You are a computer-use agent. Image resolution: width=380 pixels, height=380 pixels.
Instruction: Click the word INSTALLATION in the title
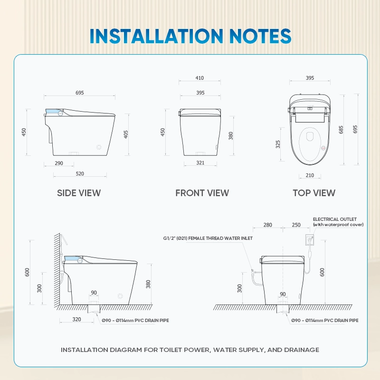(156, 36)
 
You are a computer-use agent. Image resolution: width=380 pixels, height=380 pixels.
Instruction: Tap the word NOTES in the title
(260, 36)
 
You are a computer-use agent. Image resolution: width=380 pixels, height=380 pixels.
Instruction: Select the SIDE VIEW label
(79, 193)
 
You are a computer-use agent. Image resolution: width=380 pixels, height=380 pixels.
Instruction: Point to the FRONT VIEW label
(202, 193)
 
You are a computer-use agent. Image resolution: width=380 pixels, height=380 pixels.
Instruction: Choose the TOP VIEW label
(314, 193)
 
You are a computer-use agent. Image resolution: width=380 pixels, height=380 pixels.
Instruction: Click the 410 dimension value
(199, 78)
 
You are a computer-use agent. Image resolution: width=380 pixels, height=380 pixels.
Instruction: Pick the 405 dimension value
(126, 134)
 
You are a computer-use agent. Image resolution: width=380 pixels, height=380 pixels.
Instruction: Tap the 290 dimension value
(59, 163)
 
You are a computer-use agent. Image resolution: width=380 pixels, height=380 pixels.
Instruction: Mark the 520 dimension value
(80, 173)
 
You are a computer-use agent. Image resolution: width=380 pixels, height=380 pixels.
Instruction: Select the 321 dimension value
(200, 162)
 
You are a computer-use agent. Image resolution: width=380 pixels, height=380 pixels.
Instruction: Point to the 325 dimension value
(278, 144)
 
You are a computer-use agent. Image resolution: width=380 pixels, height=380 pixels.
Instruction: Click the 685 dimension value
(341, 130)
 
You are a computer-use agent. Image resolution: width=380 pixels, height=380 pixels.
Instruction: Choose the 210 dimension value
(310, 175)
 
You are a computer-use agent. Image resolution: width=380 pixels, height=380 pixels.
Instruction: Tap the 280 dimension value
(267, 225)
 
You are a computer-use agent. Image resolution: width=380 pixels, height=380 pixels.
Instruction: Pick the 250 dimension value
(296, 225)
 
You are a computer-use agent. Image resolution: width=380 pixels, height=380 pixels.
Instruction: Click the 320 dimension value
(76, 319)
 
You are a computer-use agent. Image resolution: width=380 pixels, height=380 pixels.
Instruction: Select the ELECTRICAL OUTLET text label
(335, 219)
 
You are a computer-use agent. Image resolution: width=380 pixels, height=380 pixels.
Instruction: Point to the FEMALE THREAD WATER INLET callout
(220, 238)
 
